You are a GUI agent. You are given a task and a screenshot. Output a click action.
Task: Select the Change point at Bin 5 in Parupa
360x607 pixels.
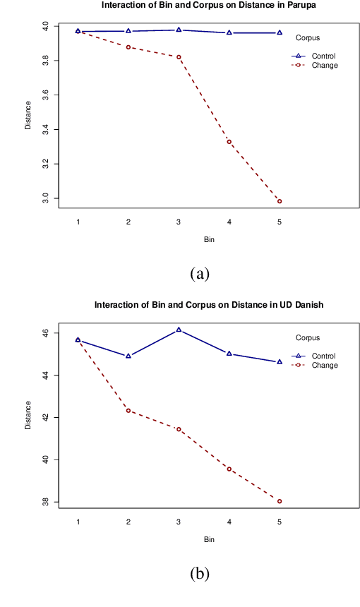pos(280,201)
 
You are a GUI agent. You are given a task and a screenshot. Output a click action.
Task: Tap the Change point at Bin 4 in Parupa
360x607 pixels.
pos(229,142)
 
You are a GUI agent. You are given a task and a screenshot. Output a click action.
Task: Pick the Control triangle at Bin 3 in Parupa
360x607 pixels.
pos(179,30)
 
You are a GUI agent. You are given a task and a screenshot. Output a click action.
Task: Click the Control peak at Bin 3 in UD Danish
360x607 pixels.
pos(179,330)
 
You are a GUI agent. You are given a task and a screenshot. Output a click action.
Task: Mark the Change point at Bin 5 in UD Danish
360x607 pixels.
pos(280,501)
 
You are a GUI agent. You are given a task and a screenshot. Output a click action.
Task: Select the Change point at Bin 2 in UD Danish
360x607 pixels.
pos(128,410)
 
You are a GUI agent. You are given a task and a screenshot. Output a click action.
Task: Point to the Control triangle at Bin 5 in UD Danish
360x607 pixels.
pos(280,361)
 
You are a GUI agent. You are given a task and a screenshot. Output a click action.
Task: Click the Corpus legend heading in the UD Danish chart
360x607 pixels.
pos(308,338)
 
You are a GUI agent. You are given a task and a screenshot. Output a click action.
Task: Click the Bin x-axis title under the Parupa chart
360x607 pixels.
pos(209,239)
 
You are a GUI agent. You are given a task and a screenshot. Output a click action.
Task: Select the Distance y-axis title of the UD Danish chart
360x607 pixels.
pos(28,416)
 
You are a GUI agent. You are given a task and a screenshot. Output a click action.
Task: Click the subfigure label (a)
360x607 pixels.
pos(200,273)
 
